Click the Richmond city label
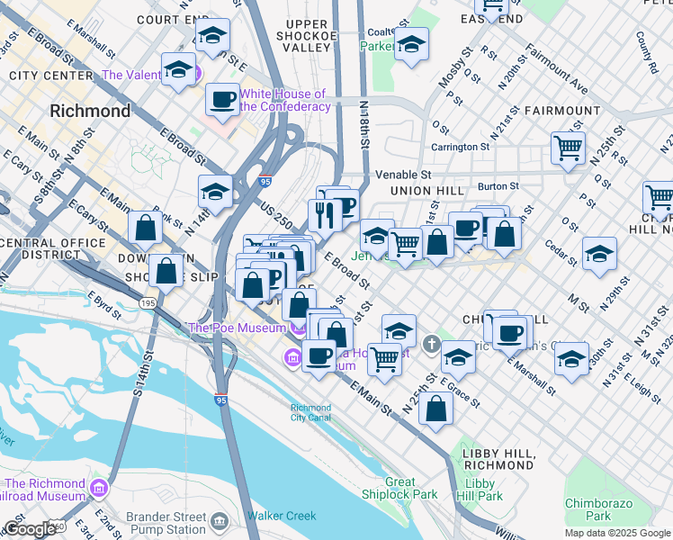90,112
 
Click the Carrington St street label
460,146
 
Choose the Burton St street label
498,186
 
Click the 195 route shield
148,303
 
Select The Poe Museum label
237,328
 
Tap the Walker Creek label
282,516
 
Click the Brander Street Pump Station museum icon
219,520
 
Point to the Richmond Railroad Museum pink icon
99,489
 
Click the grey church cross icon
432,345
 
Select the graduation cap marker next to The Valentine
179,68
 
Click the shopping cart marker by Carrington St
567,147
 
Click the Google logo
29,529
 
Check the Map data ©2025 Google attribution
616,533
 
